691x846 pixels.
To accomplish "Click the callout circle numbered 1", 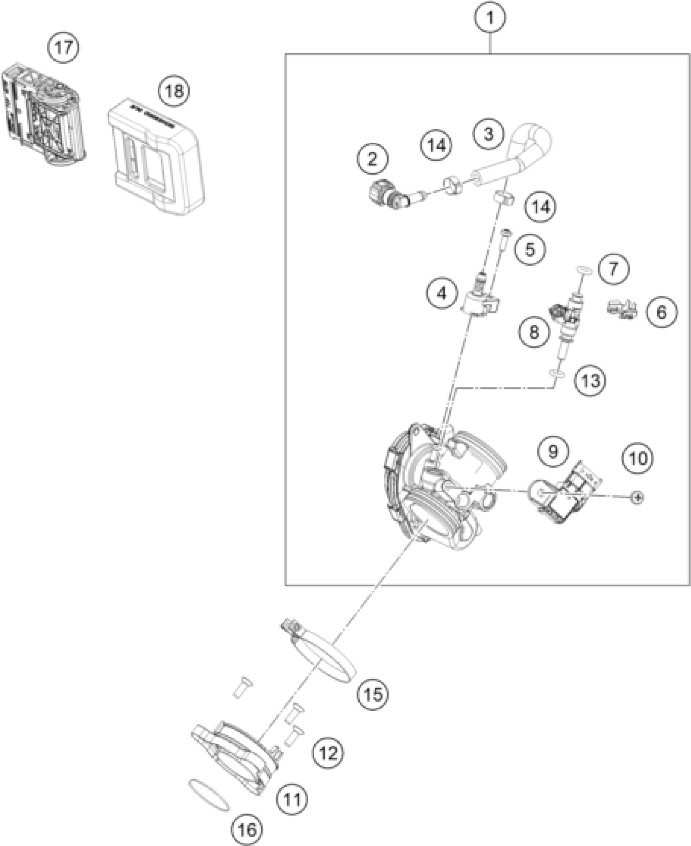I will [491, 18].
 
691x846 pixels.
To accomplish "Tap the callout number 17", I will [64, 48].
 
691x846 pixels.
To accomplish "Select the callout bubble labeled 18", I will [174, 91].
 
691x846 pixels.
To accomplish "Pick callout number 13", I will [590, 381].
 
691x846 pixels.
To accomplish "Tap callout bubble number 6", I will [662, 312].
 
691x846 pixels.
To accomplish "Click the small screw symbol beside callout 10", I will [637, 497].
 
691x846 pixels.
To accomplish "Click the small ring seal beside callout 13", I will [556, 372].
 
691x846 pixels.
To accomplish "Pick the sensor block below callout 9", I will [565, 498].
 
